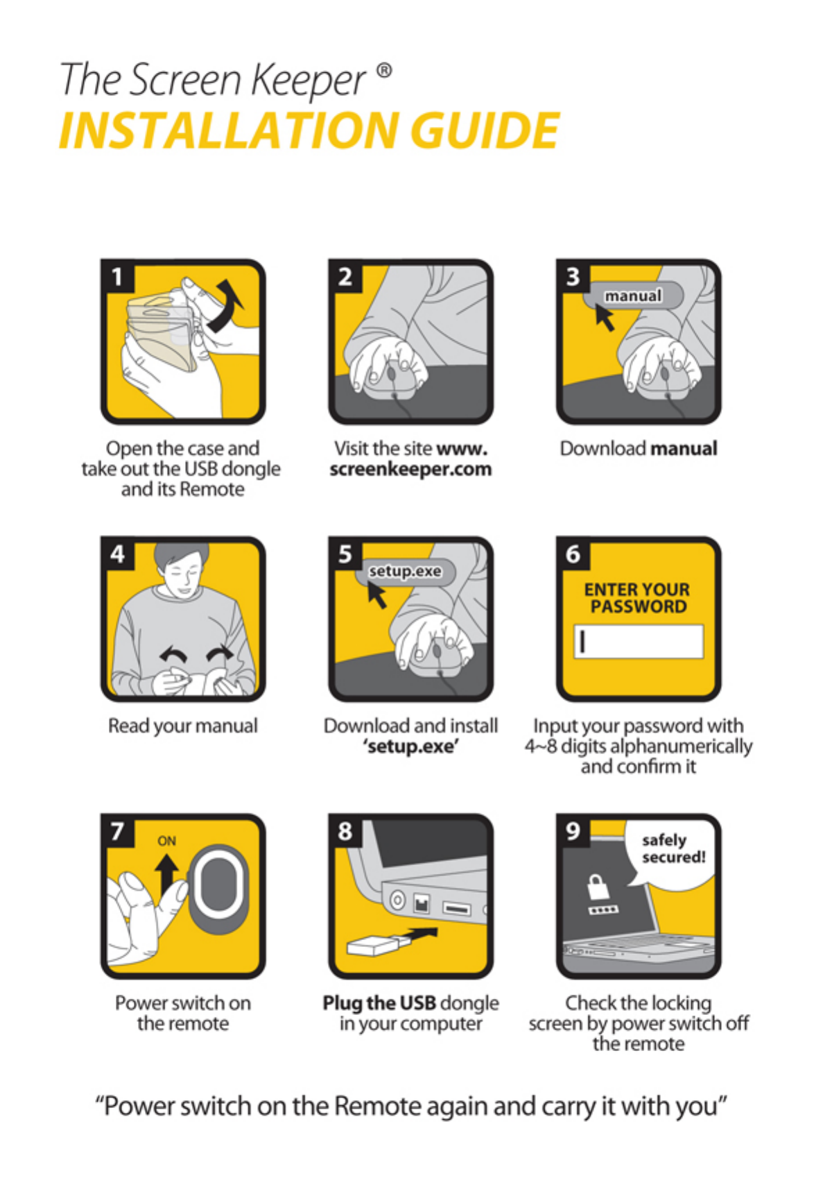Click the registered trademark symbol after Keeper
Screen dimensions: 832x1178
[x=385, y=70]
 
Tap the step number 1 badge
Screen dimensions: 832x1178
[x=116, y=276]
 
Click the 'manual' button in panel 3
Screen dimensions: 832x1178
[x=633, y=296]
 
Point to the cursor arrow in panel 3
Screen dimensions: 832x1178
[x=605, y=318]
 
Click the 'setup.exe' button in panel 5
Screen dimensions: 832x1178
[x=405, y=572]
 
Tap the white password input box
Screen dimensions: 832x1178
[x=638, y=641]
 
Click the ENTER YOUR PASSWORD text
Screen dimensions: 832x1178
[x=638, y=598]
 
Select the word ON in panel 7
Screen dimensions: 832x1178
[x=166, y=841]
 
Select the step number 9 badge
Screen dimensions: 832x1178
[x=573, y=831]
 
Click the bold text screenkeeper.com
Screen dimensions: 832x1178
[x=410, y=469]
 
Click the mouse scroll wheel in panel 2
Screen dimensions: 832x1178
[x=391, y=374]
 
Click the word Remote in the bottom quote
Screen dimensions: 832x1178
[x=377, y=1106]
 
